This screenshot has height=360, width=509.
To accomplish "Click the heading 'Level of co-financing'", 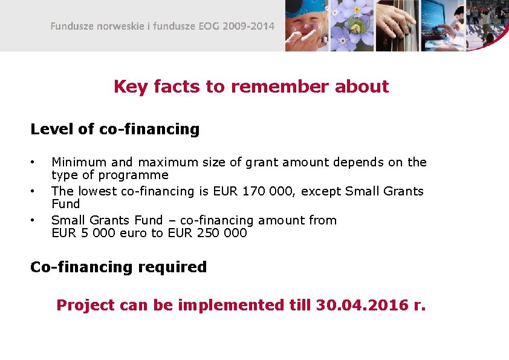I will click(x=115, y=129).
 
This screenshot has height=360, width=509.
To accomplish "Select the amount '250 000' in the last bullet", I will click(x=222, y=233).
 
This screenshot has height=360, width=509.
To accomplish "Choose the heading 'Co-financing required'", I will click(x=118, y=267).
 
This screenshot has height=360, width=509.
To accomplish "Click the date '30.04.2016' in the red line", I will click(x=362, y=305).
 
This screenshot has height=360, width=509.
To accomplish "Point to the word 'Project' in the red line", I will click(x=85, y=305).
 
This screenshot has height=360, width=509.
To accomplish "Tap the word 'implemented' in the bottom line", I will click(x=230, y=305).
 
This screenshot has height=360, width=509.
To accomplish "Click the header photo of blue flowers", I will click(x=351, y=25).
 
